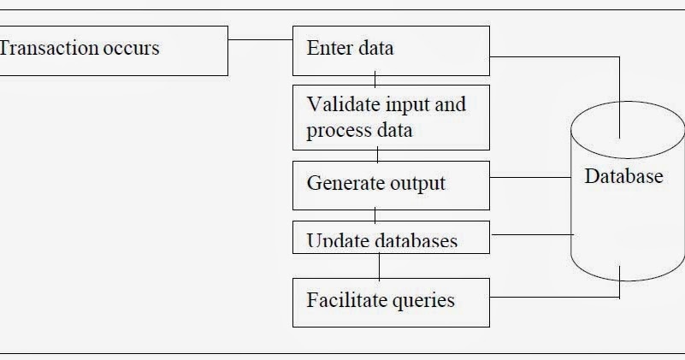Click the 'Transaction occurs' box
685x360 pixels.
coord(111,50)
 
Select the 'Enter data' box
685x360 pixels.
coord(391,50)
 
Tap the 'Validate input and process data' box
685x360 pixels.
coord(391,117)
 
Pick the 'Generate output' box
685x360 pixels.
coord(391,185)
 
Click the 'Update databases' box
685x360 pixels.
coord(391,237)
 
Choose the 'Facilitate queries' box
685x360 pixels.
coord(391,301)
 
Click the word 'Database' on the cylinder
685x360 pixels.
coord(623,177)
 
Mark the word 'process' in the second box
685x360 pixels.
coord(339,131)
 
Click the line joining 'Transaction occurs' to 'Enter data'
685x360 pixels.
coord(260,39)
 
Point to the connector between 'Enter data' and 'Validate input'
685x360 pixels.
coord(375,80)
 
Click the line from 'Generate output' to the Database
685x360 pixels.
coord(530,178)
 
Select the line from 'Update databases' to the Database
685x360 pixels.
coord(530,233)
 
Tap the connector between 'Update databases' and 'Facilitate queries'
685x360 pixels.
coord(379,265)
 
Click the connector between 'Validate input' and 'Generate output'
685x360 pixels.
coord(377,156)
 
